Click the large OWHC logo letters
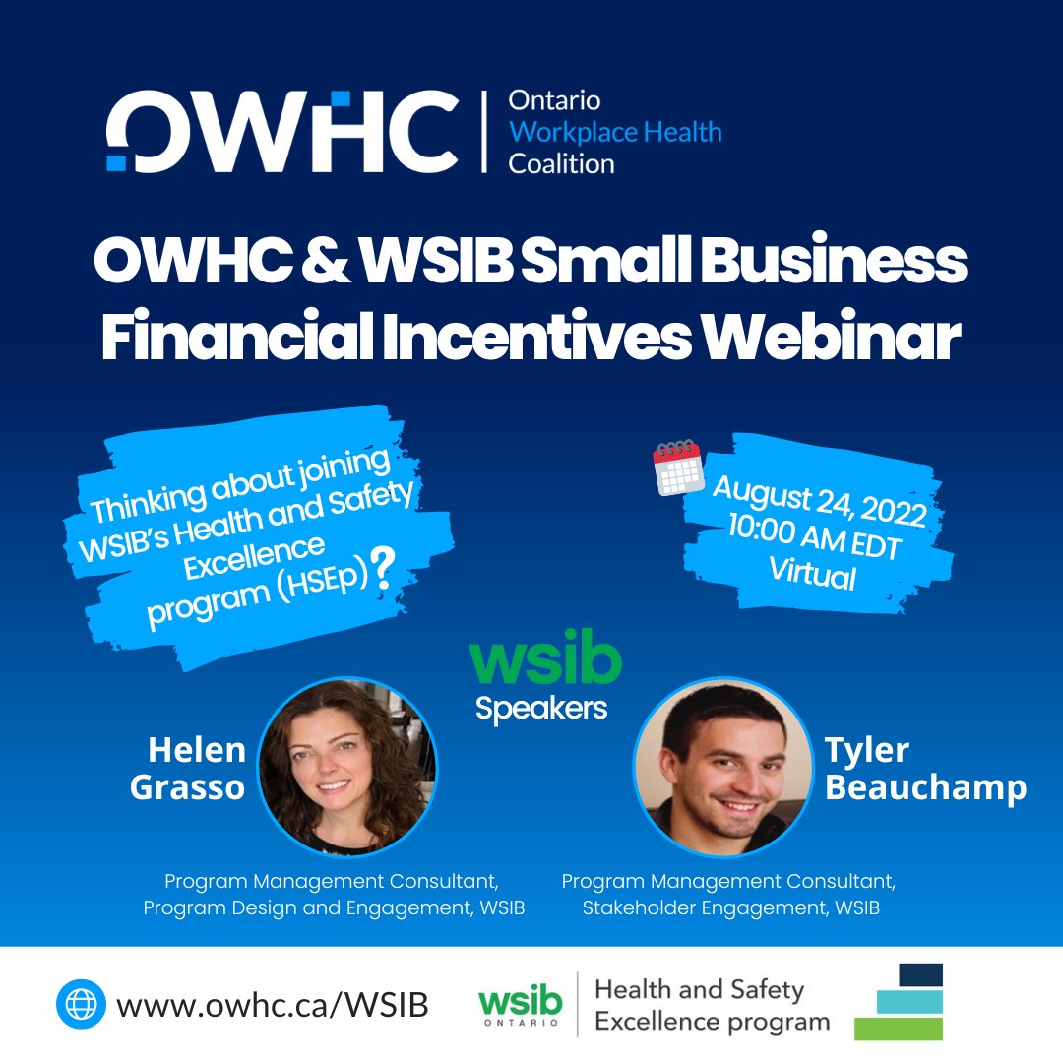tap(282, 131)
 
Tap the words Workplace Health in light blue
tap(615, 132)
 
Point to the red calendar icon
tap(677, 469)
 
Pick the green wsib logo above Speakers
tap(544, 661)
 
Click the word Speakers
tap(541, 708)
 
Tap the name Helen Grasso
tap(195, 768)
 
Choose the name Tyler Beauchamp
tap(925, 768)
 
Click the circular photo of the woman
tap(347, 767)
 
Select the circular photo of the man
tap(723, 767)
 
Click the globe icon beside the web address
tap(81, 1005)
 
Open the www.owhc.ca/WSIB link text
tap(273, 1005)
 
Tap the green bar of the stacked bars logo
tap(898, 1029)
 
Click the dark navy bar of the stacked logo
tap(920, 974)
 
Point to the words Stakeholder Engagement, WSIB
tap(730, 908)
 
